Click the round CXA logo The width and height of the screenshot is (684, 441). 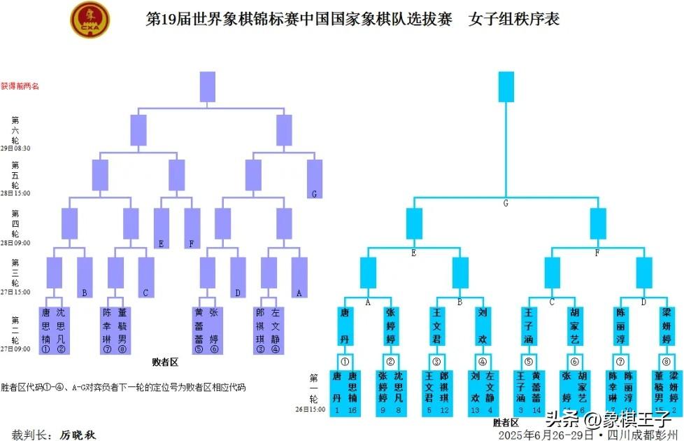(x=90, y=19)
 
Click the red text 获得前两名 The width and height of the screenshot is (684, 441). (x=20, y=86)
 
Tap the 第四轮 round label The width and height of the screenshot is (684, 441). (x=15, y=223)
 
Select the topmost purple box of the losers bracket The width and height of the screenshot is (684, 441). (x=208, y=86)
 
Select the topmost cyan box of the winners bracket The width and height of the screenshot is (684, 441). (x=506, y=86)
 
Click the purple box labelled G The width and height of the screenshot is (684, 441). (x=315, y=179)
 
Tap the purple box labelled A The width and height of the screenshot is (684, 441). (x=299, y=278)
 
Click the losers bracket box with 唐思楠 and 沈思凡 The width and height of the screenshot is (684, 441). (x=54, y=330)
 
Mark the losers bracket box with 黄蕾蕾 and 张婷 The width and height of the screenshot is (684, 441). (x=208, y=330)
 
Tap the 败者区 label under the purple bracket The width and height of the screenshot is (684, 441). (x=166, y=363)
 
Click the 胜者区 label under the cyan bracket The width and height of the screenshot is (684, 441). (x=506, y=423)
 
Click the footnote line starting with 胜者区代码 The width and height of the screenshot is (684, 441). (x=122, y=387)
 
